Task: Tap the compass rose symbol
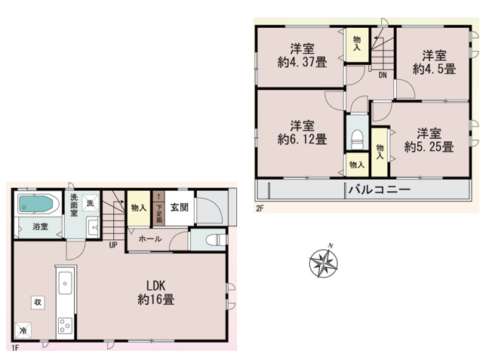point(324,263)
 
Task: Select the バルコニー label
point(378,189)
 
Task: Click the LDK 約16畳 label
point(156,292)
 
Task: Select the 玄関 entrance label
point(179,208)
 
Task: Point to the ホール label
point(148,239)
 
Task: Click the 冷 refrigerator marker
point(23,331)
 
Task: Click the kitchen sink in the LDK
point(63,284)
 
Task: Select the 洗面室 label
point(73,206)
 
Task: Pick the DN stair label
point(383,75)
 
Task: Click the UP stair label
point(112,245)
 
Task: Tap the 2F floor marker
point(258,207)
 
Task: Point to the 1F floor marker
point(15,348)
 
